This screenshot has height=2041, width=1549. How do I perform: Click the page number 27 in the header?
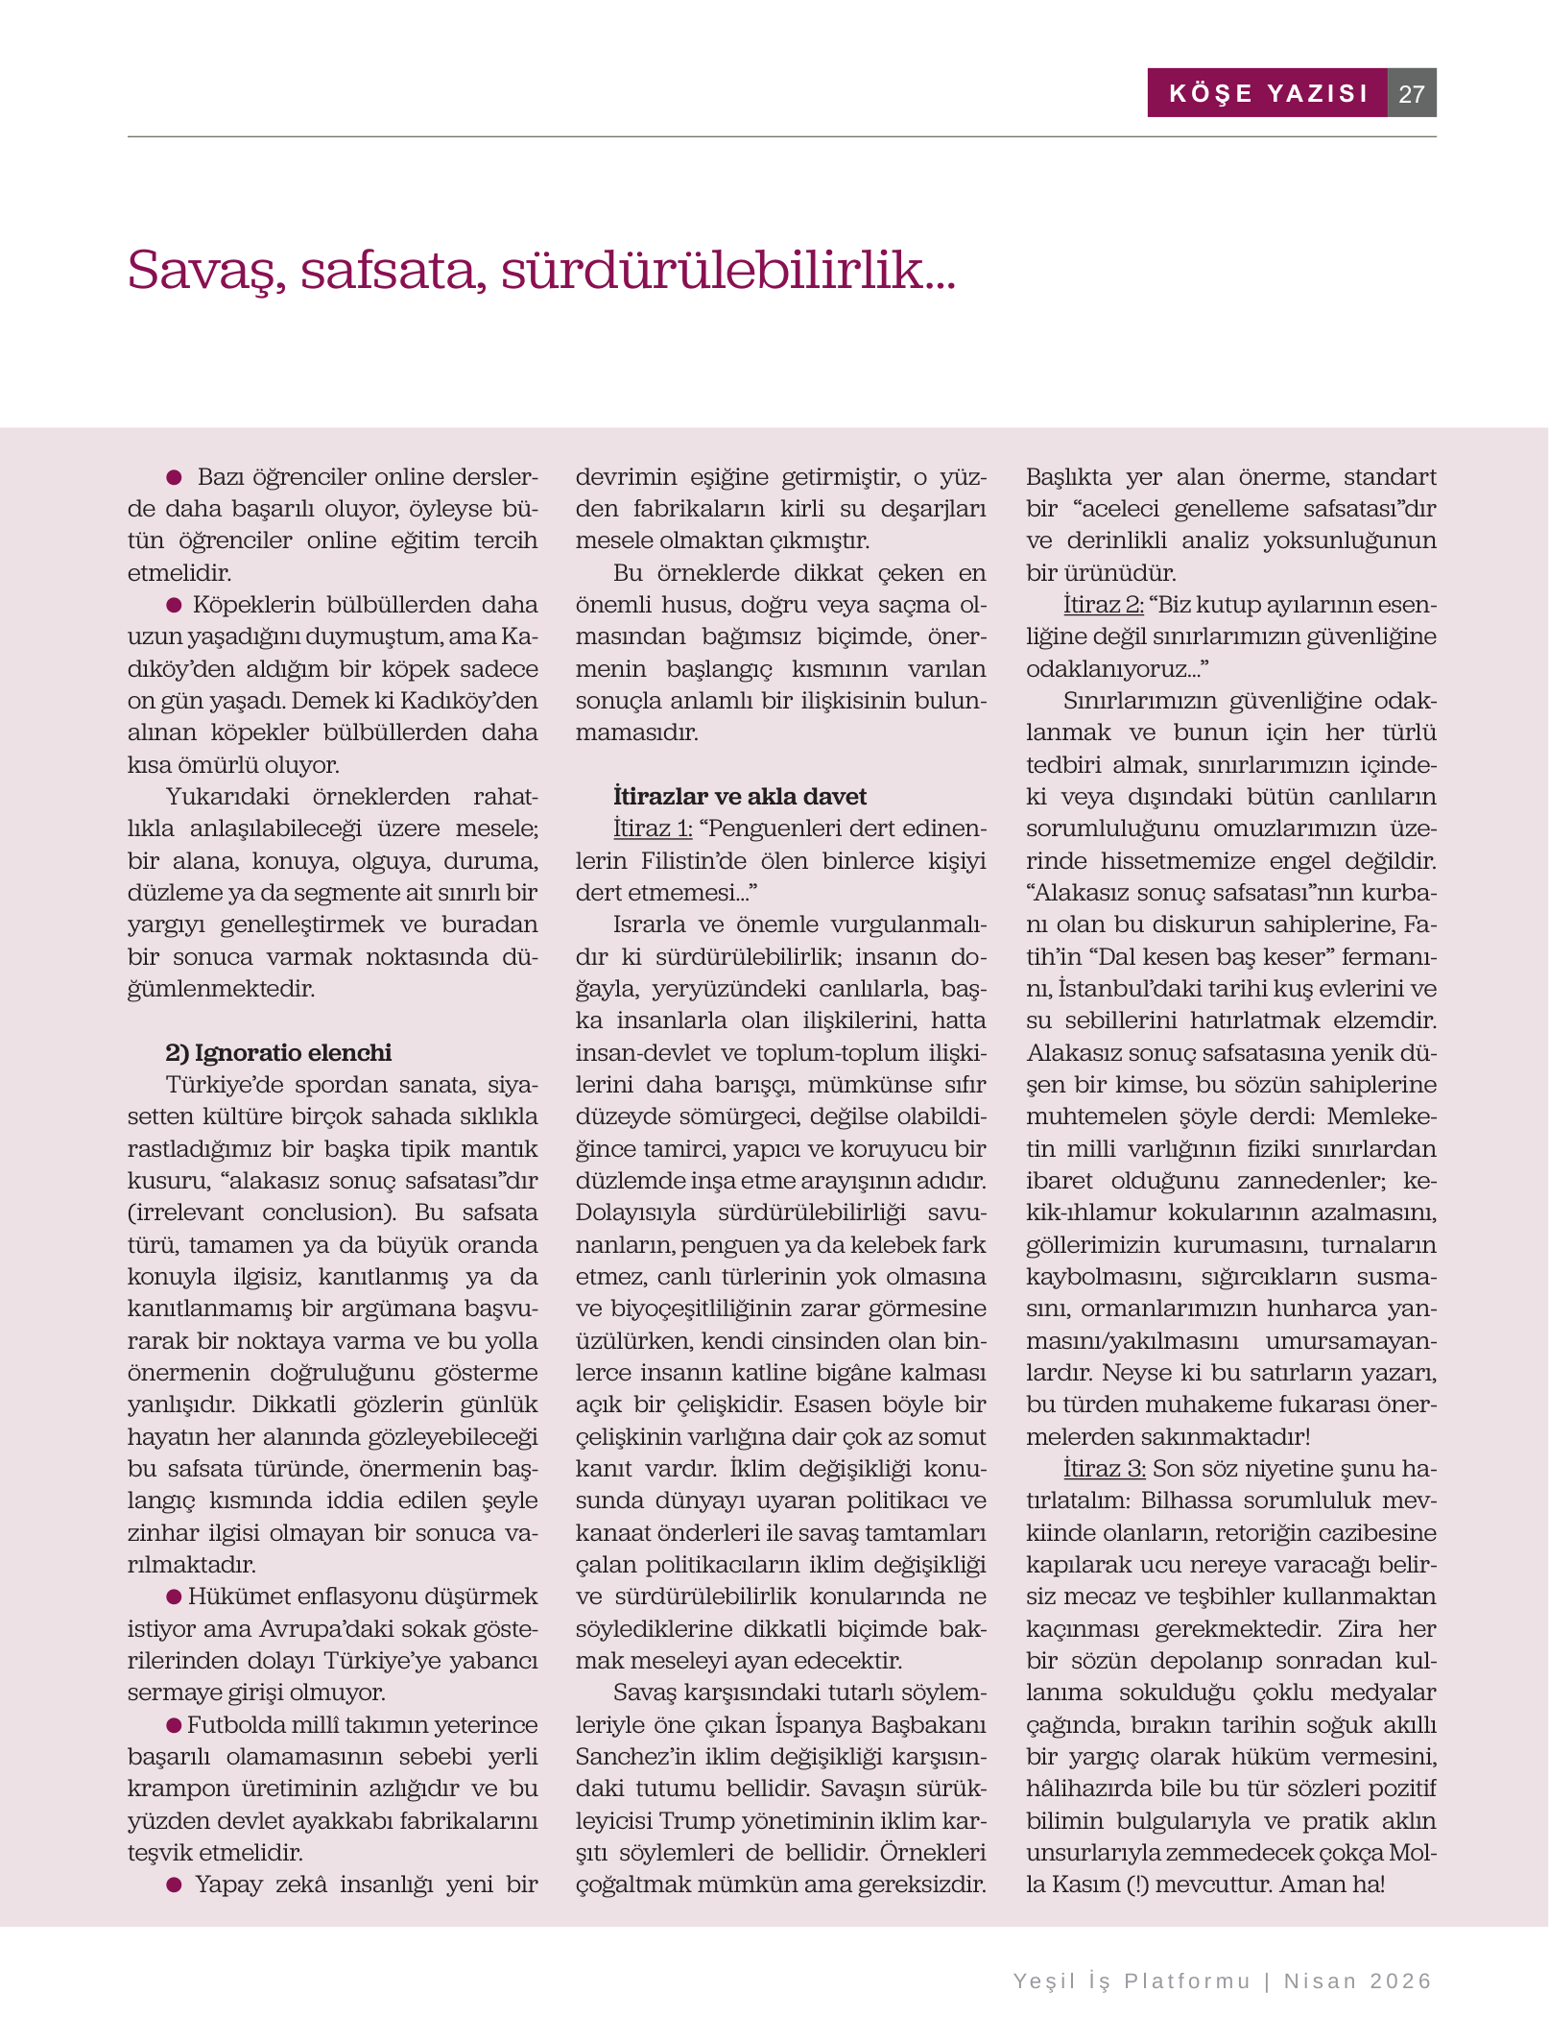tap(1411, 93)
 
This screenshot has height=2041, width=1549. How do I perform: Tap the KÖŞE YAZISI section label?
tap(1268, 93)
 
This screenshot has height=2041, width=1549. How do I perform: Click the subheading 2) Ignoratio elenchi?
tap(278, 1052)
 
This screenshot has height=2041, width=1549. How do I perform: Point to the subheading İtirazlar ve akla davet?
tap(739, 796)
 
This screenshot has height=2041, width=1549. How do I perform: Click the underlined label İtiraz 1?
tap(653, 828)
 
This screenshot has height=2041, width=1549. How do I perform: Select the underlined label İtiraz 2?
tap(1103, 604)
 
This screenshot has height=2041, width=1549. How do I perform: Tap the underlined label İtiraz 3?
tap(1104, 1468)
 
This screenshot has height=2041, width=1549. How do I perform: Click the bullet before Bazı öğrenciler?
tap(175, 477)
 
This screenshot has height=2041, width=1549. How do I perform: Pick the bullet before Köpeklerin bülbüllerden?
tap(175, 605)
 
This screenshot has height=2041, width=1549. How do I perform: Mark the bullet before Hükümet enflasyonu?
tap(175, 1597)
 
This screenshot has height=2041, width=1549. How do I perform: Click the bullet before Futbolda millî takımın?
tap(175, 1725)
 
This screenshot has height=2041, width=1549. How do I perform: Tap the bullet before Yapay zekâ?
tap(175, 1885)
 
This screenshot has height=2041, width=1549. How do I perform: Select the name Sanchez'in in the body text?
tap(629, 1756)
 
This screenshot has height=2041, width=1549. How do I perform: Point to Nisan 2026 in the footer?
tap(1358, 1981)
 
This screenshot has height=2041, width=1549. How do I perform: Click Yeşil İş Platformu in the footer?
tap(1132, 1981)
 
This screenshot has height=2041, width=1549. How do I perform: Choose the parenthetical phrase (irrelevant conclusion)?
tap(261, 1212)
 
